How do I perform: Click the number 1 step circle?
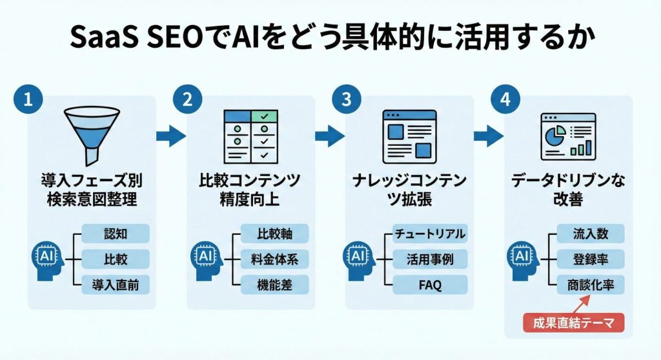27,101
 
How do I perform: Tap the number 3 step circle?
346,101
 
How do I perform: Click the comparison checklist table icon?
250,136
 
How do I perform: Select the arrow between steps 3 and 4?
489,136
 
